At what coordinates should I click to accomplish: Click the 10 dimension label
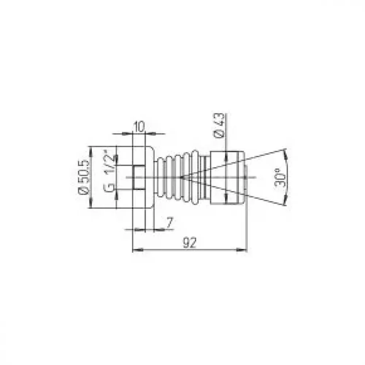[x=139, y=127]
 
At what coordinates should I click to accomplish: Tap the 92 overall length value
[x=190, y=243]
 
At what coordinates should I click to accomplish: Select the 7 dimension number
[x=170, y=222]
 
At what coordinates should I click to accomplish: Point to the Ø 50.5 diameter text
[x=84, y=177]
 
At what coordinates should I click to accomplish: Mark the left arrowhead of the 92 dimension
[x=138, y=250]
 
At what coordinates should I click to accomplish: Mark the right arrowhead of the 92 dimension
[x=242, y=250]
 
